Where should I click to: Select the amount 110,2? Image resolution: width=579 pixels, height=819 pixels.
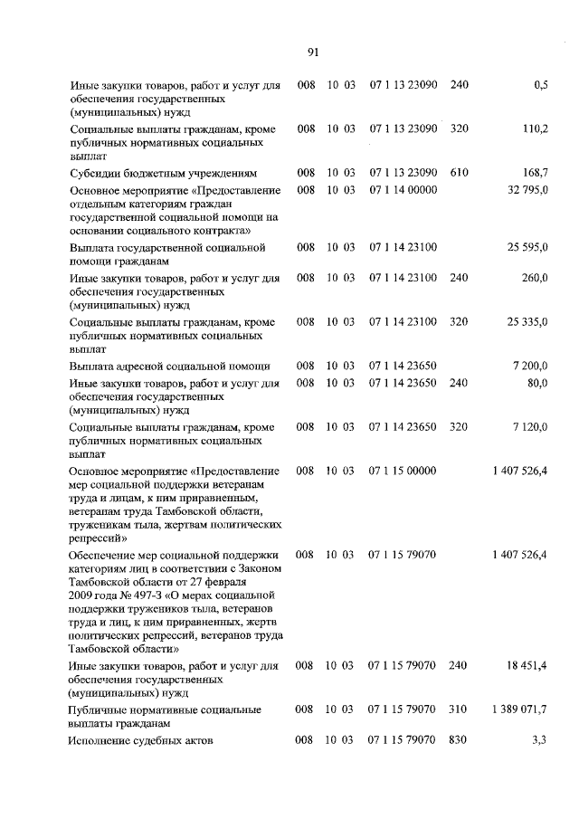(x=536, y=129)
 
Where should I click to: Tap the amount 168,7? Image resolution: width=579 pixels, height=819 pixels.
(x=536, y=172)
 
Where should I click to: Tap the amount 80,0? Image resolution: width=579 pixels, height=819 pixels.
(x=538, y=383)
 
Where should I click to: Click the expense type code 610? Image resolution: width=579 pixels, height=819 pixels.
(x=459, y=172)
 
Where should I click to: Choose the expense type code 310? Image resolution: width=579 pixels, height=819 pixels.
(x=459, y=709)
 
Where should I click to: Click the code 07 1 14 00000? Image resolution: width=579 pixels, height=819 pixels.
(x=403, y=190)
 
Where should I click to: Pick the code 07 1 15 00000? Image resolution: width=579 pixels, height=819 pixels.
(x=403, y=471)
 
